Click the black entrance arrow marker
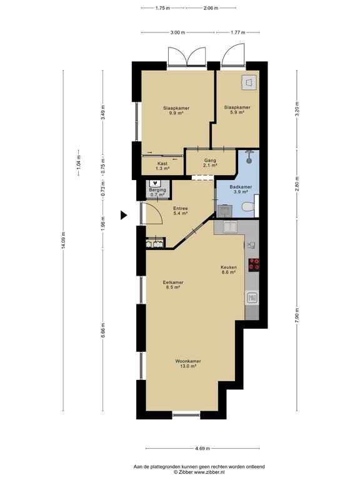(x=123, y=216)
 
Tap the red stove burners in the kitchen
(x=254, y=265)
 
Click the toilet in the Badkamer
(x=248, y=207)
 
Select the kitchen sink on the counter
(x=229, y=227)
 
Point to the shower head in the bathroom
(x=249, y=156)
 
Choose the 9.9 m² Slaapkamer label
(x=176, y=111)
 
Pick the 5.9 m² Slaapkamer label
(x=237, y=110)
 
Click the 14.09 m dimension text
(x=63, y=241)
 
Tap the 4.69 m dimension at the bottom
(x=202, y=449)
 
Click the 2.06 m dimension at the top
(x=211, y=8)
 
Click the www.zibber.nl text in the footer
(x=211, y=472)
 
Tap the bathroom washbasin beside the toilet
(x=225, y=211)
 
